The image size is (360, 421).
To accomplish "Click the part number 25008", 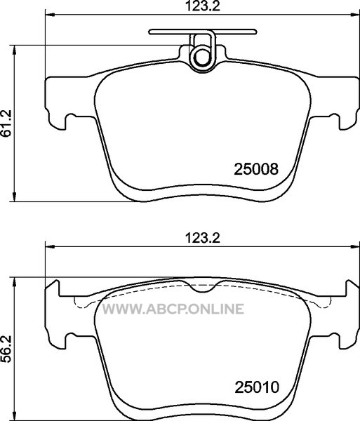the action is point(256,169).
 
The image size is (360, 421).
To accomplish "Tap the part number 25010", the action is point(257,387).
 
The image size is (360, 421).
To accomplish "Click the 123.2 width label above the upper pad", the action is point(203,6).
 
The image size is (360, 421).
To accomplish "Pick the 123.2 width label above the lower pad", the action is point(203,237).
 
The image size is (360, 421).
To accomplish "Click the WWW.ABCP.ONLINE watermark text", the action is point(173,309).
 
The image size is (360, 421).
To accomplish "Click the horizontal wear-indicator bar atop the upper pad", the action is point(203,32).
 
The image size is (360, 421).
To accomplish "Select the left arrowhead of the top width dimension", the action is point(50,15).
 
